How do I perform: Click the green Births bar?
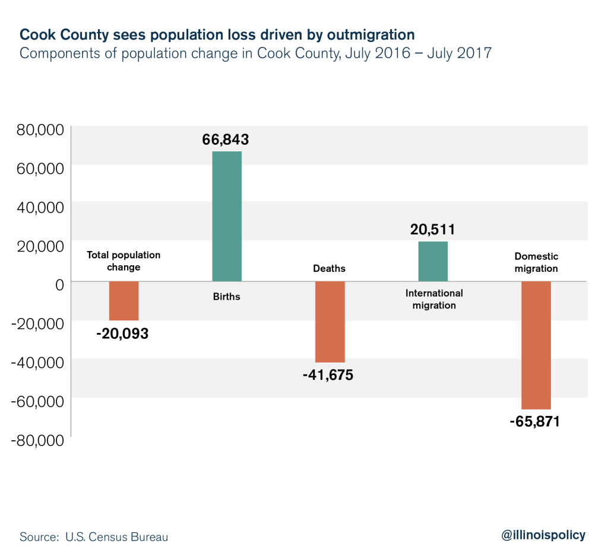pos(227,216)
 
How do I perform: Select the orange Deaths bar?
pos(330,321)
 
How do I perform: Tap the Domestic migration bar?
pos(536,345)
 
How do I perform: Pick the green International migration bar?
pos(433,261)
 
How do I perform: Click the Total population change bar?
pos(123,300)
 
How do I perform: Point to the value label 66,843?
pos(224,140)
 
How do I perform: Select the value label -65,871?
pos(534,423)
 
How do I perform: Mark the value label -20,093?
pos(122,334)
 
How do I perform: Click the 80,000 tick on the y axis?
pos(37,131)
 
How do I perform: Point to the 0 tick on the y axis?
pos(59,285)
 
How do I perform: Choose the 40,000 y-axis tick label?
pos(37,208)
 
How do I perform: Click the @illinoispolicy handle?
pos(543,535)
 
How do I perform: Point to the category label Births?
pos(227,296)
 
